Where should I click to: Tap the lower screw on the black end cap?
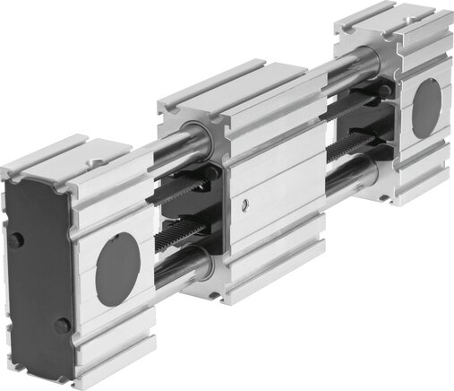[x=61, y=325]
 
